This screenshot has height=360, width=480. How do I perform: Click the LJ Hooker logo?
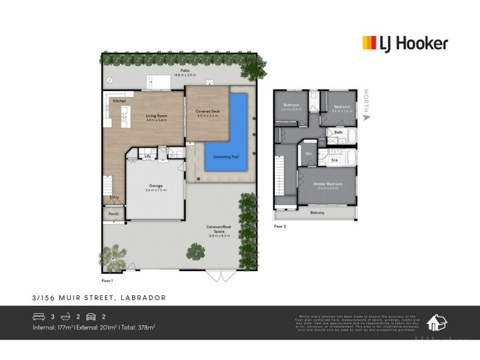[404, 43]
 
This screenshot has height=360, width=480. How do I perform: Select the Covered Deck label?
[207, 112]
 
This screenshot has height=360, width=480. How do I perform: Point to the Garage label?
[155, 185]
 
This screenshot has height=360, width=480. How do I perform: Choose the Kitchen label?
[120, 101]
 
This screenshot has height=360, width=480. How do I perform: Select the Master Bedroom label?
[328, 184]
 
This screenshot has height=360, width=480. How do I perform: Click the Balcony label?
[317, 213]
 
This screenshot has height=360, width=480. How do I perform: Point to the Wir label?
[310, 154]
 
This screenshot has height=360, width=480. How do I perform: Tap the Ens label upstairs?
[335, 160]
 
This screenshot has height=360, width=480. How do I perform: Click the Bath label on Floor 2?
[338, 132]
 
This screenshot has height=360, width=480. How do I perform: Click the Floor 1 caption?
[107, 280]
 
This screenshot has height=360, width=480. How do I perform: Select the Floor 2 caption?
[280, 227]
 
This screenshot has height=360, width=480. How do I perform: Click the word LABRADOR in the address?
[145, 298]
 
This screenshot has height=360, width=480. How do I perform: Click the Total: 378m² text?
[138, 328]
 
